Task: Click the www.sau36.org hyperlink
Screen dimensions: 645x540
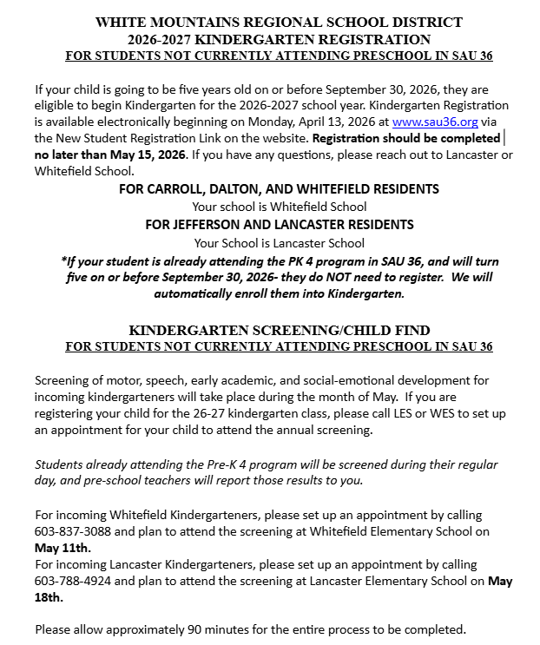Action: click(435, 122)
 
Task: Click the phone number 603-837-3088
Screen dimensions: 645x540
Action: click(76, 531)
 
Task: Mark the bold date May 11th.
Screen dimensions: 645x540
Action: click(63, 548)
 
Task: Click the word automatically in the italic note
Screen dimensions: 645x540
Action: click(199, 293)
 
